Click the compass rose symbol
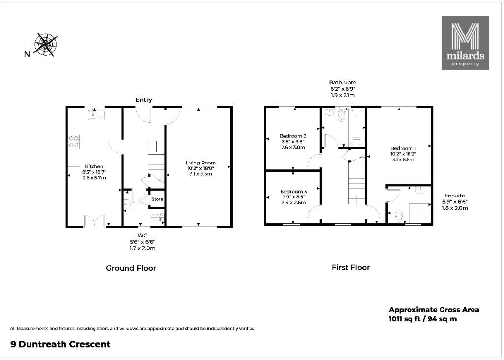click(46, 44)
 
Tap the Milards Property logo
click(465, 43)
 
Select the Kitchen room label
click(94, 166)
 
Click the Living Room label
click(200, 163)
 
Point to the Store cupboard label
click(157, 199)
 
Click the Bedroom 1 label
click(403, 148)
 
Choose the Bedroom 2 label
click(292, 136)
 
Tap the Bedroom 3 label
click(293, 192)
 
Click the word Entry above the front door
click(143, 100)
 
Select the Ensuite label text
click(454, 196)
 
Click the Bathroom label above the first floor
click(343, 82)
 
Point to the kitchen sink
click(96, 114)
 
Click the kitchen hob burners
click(74, 142)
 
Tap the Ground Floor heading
click(131, 268)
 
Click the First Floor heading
click(350, 267)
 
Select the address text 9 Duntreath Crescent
click(61, 344)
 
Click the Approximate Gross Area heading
click(434, 310)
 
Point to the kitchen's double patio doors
click(94, 221)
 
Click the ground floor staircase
click(156, 164)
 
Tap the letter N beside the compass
click(27, 54)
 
